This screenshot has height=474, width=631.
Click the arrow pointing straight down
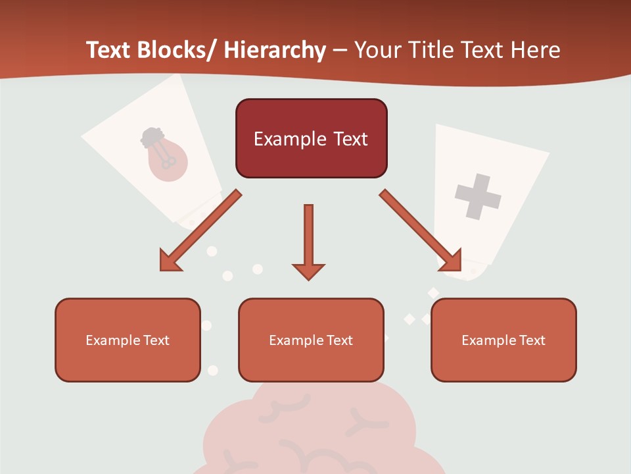pyautogui.click(x=308, y=241)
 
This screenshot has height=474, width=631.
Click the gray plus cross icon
pyautogui.click(x=478, y=196)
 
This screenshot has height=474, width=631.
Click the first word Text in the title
pyautogui.click(x=108, y=50)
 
